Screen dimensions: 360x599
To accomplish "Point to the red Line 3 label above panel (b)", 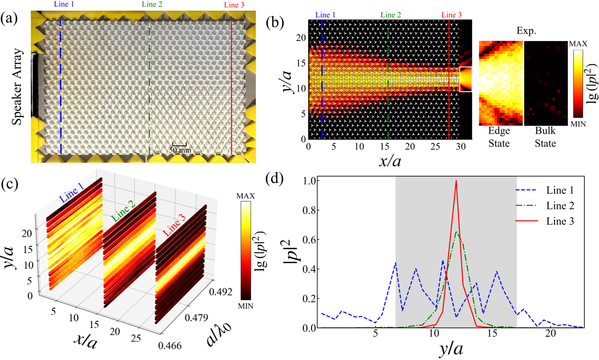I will (451, 15).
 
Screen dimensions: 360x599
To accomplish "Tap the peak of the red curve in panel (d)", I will (456, 180).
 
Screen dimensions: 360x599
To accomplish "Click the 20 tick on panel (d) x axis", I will (551, 334).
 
